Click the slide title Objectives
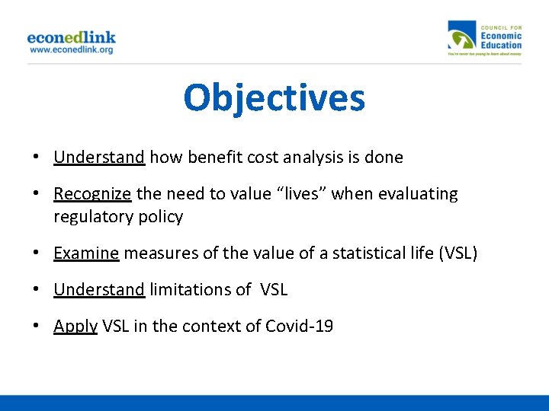[x=274, y=98]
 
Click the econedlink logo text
[x=72, y=37]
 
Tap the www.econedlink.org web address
[x=72, y=49]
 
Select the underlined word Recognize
[x=93, y=194]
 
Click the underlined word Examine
[x=86, y=253]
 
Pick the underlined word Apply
[x=75, y=327]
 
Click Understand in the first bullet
[x=99, y=158]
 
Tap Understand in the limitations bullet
[x=99, y=289]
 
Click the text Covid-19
[x=299, y=327]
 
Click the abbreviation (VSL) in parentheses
[x=458, y=253]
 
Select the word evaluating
[x=422, y=194]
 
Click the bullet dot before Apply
[x=36, y=327]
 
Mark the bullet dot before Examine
[x=36, y=253]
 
